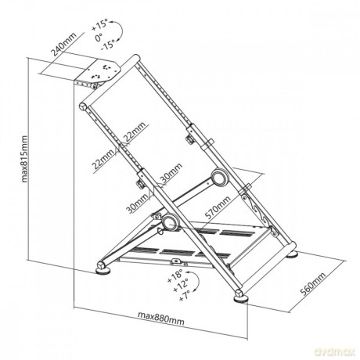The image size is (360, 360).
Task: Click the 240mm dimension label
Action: pos(63,45)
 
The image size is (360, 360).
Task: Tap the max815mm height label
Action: pos(24,159)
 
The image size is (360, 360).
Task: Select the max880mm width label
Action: pos(160,318)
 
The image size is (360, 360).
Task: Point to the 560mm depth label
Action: pos(313,283)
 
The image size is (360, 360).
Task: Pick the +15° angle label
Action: pos(99,26)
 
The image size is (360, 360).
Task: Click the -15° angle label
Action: pos(108,45)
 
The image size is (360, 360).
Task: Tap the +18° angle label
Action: pos(175,277)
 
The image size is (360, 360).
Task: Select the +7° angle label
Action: pos(185,296)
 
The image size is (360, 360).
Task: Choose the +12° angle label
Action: pos(181,286)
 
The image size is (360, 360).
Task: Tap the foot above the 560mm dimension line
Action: pos(292,254)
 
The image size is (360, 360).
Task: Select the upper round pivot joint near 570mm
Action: pos(220,178)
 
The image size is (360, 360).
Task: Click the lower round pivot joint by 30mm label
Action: pos(170,222)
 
